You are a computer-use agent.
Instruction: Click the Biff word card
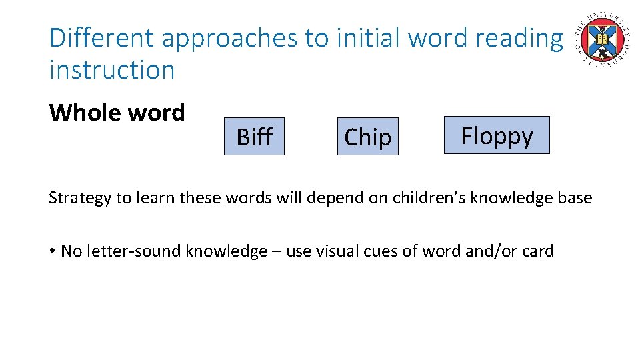[x=254, y=137]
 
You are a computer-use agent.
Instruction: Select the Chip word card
[x=367, y=137]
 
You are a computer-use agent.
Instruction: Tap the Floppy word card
[x=497, y=135]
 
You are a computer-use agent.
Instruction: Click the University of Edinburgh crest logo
[x=604, y=39]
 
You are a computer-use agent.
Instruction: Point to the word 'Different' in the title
[x=101, y=38]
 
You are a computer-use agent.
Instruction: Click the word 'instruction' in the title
[x=112, y=69]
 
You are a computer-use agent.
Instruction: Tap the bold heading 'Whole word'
[x=117, y=112]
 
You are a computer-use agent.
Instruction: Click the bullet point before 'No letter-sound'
[x=51, y=251]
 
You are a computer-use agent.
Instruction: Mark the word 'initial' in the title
[x=368, y=38]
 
